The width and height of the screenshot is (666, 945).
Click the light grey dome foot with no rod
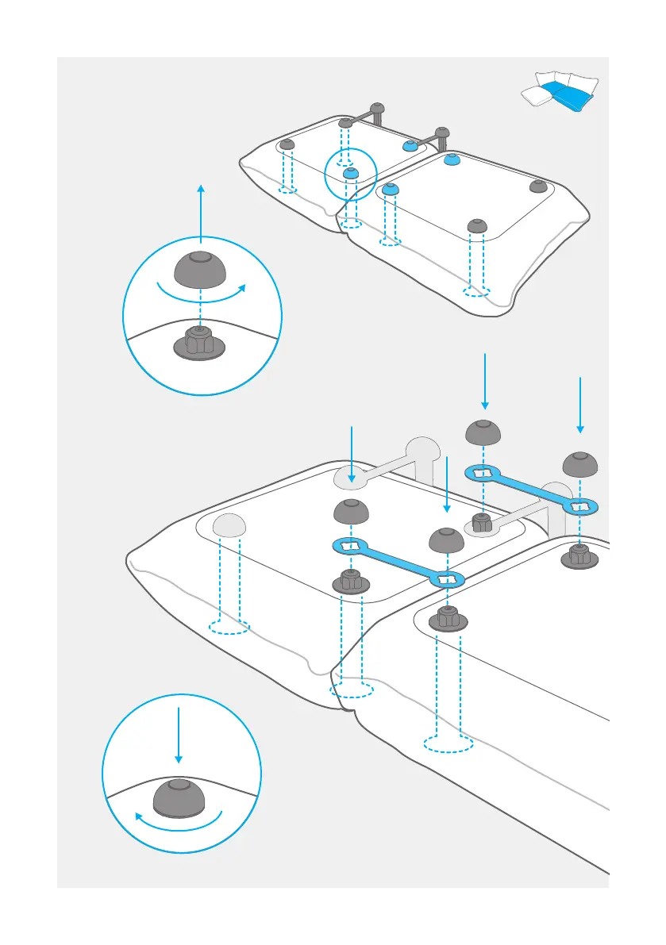point(228,524)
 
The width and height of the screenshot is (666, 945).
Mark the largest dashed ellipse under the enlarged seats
point(448,743)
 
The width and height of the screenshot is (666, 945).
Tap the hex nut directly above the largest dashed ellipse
point(448,617)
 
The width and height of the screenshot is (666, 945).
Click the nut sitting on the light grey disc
point(481,523)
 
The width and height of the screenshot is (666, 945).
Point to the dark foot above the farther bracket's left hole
point(482,432)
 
